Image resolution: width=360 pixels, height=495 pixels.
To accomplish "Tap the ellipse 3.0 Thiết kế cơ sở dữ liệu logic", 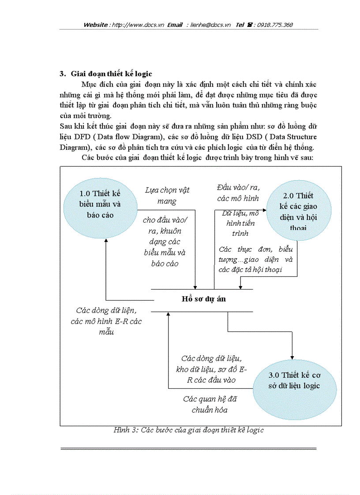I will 294,380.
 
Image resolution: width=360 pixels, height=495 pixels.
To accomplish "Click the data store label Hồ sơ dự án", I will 203,298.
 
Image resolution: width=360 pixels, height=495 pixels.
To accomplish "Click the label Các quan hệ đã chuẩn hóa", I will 210,404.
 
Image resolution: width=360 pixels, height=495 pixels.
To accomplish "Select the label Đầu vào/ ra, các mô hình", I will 238,193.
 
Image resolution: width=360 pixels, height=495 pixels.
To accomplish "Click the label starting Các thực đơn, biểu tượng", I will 256,259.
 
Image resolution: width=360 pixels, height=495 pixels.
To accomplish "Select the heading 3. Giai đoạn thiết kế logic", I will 106,74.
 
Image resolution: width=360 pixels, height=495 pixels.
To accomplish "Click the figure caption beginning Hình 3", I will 188,430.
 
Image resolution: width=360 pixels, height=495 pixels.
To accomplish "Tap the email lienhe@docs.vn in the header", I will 211,25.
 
